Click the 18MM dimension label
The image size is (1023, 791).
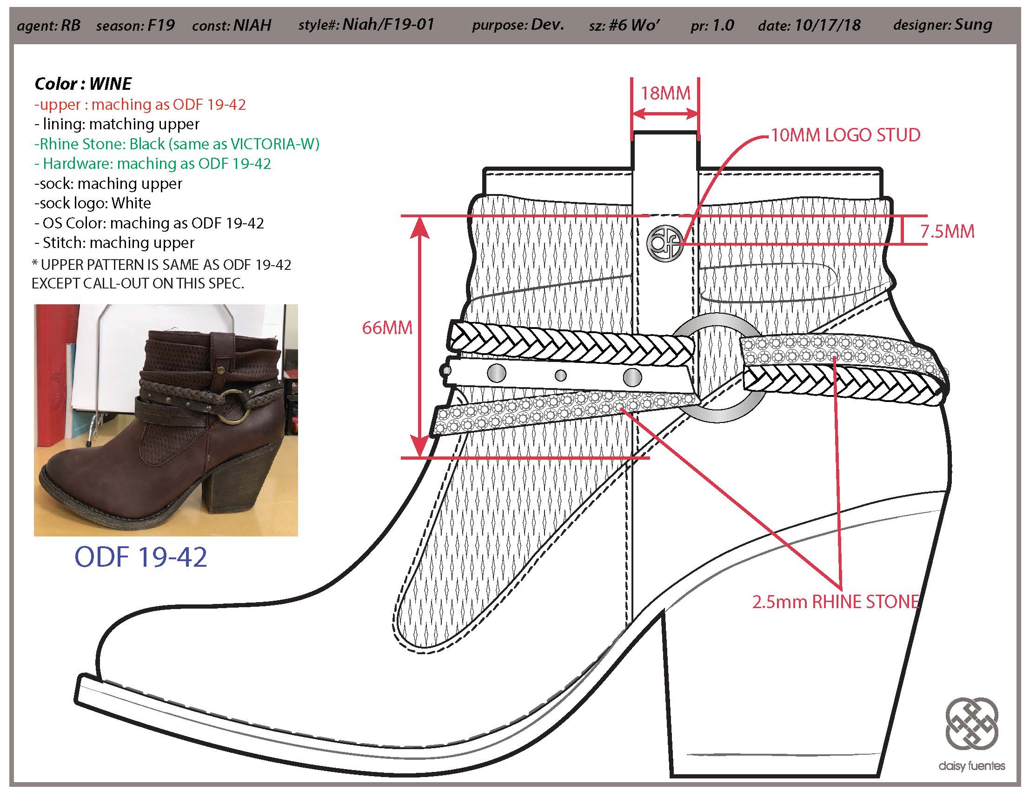(665, 93)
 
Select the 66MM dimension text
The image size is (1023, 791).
(387, 328)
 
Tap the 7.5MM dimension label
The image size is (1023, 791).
(947, 232)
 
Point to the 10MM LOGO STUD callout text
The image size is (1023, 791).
(845, 135)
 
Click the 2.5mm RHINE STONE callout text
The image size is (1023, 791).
(836, 601)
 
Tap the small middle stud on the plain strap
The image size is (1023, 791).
(560, 375)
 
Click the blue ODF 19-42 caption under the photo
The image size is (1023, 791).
(140, 557)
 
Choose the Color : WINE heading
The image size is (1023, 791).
(83, 84)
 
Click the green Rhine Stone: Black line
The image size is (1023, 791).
(177, 144)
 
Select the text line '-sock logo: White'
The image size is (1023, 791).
(92, 203)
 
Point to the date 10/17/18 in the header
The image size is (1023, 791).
(827, 24)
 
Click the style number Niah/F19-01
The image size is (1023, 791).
(388, 24)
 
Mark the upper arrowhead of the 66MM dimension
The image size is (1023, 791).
(421, 227)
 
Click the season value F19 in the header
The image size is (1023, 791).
(161, 24)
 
